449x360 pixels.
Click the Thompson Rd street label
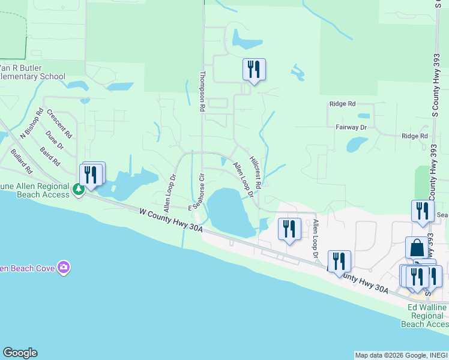[x=202, y=91]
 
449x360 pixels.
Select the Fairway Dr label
[x=351, y=127]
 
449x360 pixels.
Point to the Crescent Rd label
[x=59, y=123]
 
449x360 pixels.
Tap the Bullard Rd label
[x=21, y=161]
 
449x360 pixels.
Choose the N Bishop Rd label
[x=31, y=124]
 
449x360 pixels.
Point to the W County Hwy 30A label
[x=171, y=220]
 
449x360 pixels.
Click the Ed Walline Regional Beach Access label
[x=427, y=316]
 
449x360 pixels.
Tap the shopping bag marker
[x=417, y=247]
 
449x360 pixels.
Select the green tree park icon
[x=78, y=190]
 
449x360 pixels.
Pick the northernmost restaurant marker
[x=254, y=70]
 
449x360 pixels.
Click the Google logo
[x=20, y=353]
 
